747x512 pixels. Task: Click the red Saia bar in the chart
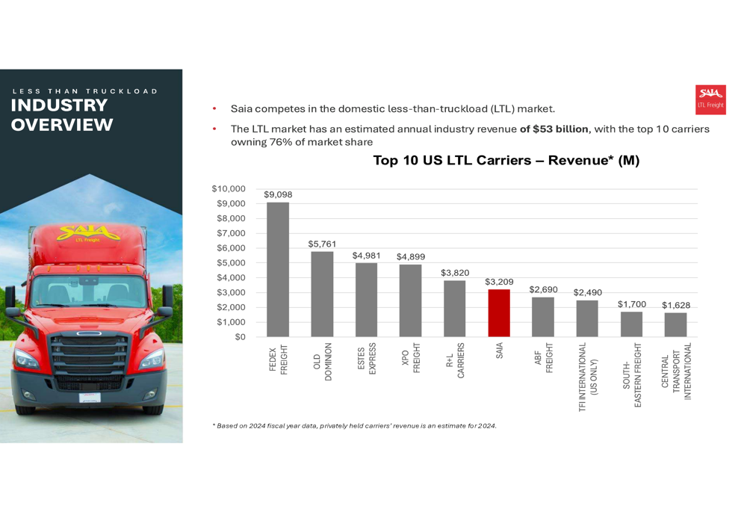[x=499, y=313]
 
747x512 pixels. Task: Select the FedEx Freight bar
[x=278, y=270]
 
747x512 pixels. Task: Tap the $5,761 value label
[x=322, y=244]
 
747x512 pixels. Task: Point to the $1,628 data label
[x=675, y=305]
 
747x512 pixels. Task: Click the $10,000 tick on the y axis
[x=228, y=189]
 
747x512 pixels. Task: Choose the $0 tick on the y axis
[x=239, y=337]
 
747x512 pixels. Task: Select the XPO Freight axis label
[x=410, y=359]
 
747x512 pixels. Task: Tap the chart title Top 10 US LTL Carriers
[x=506, y=160]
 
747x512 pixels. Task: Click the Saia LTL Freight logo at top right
[x=710, y=99]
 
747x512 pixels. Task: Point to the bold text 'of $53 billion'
[x=554, y=129]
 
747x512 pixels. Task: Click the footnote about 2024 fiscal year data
[x=355, y=426]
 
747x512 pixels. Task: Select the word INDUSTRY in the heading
[x=59, y=106]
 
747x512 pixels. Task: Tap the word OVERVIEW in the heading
[x=62, y=125]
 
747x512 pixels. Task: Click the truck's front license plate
[x=90, y=397]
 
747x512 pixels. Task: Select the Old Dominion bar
[x=322, y=294]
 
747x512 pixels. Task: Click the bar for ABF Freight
[x=543, y=317]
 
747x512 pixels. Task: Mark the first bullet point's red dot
[x=214, y=109]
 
